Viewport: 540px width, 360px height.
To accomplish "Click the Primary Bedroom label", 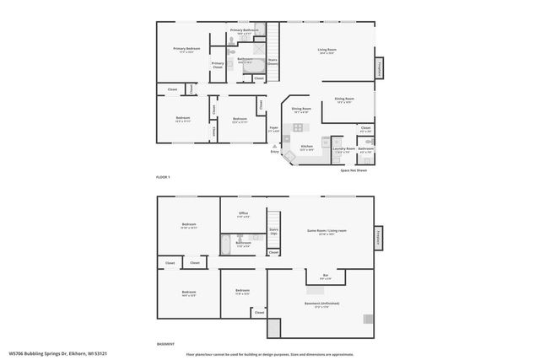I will [186, 50].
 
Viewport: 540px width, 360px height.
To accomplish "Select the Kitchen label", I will [307, 148].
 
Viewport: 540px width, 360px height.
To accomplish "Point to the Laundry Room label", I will [343, 150].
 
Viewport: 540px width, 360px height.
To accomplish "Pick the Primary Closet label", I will [218, 65].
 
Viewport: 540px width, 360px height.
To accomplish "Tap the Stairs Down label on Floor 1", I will [273, 62].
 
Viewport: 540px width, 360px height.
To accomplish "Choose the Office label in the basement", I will [243, 214].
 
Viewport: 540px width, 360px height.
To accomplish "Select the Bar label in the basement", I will [327, 277].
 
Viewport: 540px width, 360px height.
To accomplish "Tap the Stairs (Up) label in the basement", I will [273, 231].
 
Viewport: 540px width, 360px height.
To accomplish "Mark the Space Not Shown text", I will [354, 170].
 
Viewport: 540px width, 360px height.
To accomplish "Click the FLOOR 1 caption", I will [163, 177].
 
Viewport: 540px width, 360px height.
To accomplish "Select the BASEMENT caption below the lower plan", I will [166, 345].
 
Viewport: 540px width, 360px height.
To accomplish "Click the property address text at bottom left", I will [58, 354].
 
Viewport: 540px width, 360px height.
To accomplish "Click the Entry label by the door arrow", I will [274, 152].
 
